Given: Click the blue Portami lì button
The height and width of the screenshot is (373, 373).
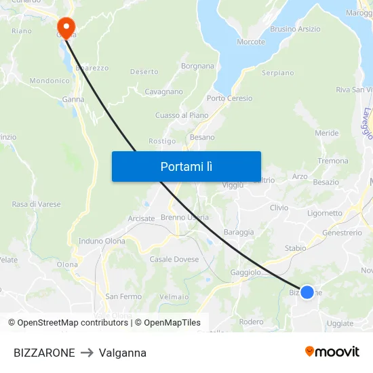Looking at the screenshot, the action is pyautogui.click(x=186, y=166).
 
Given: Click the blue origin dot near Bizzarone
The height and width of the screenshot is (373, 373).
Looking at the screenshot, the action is pyautogui.click(x=307, y=292).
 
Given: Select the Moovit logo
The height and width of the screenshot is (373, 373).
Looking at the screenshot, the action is pyautogui.click(x=332, y=351).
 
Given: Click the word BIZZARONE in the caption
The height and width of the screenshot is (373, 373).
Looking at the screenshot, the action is pyautogui.click(x=44, y=353).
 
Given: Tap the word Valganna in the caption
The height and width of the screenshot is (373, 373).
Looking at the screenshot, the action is pyautogui.click(x=123, y=353).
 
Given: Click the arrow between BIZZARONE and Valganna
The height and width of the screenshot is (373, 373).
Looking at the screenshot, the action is pyautogui.click(x=87, y=353).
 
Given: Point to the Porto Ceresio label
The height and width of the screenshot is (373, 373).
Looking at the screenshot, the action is pyautogui.click(x=229, y=98).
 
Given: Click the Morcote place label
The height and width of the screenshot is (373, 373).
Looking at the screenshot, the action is pyautogui.click(x=251, y=42).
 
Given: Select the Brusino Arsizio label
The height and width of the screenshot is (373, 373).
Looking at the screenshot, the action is pyautogui.click(x=295, y=29).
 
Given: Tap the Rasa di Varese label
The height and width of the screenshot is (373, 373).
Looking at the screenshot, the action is pyautogui.click(x=36, y=204).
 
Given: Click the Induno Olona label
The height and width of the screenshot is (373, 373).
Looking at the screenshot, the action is pyautogui.click(x=102, y=241).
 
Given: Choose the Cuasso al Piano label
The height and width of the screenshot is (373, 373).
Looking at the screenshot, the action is pyautogui.click(x=182, y=115).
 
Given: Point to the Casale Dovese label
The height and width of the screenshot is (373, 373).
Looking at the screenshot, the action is pyautogui.click(x=174, y=259).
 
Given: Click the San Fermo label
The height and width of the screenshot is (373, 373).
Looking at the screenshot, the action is pyautogui.click(x=123, y=296).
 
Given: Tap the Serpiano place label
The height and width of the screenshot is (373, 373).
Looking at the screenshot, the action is pyautogui.click(x=277, y=73).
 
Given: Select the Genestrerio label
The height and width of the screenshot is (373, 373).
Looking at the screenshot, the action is pyautogui.click(x=342, y=233).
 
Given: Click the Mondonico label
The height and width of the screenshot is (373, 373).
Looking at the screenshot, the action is pyautogui.click(x=50, y=81).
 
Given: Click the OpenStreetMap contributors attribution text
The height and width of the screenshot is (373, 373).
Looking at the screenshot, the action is pyautogui.click(x=68, y=323).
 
